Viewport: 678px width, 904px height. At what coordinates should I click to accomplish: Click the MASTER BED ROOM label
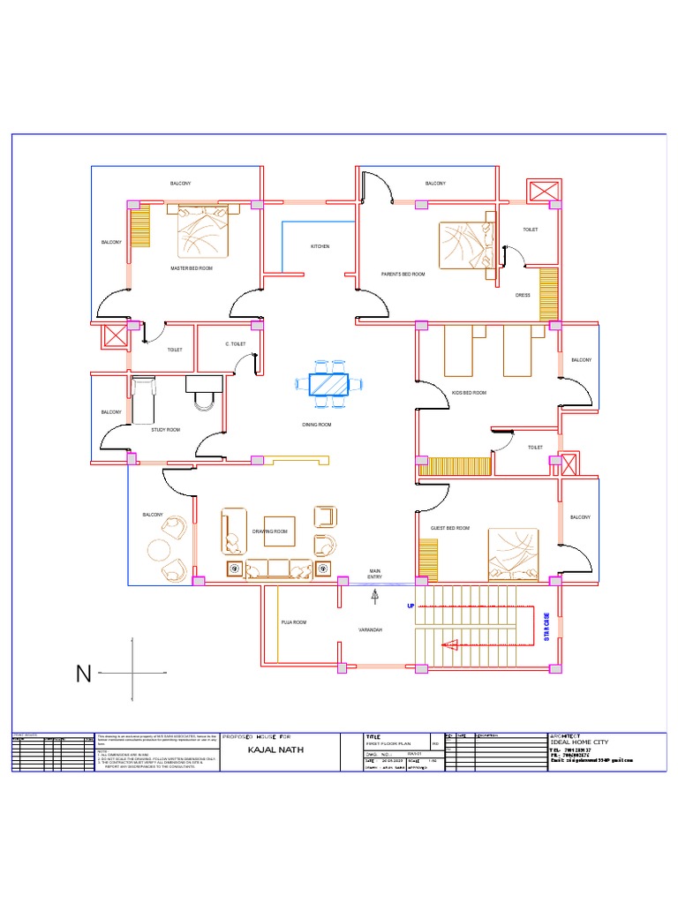(192, 267)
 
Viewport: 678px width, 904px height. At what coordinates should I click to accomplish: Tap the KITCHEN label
(320, 246)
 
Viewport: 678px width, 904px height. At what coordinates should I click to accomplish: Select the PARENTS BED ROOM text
(403, 275)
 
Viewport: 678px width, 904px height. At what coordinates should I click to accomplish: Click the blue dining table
(328, 385)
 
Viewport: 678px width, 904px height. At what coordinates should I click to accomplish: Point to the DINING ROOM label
(316, 426)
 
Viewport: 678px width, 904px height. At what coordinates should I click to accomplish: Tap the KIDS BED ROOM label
(469, 392)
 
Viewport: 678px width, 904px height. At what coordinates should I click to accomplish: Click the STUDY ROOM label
(165, 430)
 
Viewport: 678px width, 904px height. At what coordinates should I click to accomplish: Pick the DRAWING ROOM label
(270, 531)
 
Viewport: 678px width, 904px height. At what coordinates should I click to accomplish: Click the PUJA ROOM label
(293, 623)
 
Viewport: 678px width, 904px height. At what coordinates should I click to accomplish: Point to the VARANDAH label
(369, 630)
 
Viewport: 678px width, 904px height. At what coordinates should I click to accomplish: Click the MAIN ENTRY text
(375, 575)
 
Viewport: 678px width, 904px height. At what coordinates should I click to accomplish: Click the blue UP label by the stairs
(410, 607)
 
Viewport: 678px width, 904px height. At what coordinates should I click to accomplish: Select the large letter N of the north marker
(83, 675)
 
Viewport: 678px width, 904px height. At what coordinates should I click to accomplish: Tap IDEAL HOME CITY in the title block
(579, 742)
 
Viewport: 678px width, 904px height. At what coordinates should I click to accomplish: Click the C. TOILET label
(235, 343)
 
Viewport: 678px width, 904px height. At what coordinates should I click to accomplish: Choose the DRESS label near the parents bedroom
(523, 295)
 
